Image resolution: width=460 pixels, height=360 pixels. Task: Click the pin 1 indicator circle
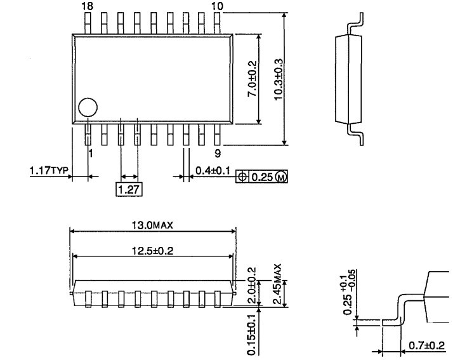click(88, 107)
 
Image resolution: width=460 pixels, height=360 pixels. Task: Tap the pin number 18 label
click(88, 6)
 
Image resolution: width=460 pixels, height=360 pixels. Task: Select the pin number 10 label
click(218, 6)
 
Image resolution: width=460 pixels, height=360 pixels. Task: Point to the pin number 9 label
click(218, 153)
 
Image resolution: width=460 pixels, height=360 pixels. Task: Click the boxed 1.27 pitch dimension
click(129, 189)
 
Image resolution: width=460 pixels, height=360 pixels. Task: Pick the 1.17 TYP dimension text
click(49, 170)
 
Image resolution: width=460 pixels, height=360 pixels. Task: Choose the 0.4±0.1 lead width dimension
click(213, 170)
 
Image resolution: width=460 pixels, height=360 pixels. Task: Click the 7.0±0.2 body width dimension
click(252, 79)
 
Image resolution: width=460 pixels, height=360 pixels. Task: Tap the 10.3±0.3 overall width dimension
click(279, 79)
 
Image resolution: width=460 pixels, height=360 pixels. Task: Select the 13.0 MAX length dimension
click(152, 225)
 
